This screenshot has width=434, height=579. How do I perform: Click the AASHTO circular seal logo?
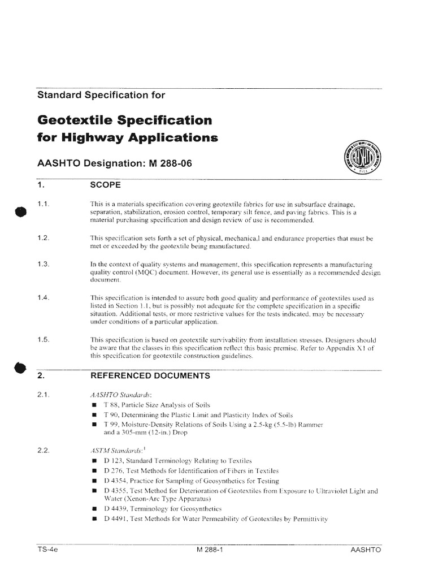tap(362, 157)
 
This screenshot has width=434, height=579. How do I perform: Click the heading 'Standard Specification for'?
tap(101, 95)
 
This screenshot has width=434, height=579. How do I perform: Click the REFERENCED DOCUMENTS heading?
tap(150, 375)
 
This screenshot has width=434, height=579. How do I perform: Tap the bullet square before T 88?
tap(94, 406)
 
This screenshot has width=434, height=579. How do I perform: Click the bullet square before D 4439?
tap(94, 508)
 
